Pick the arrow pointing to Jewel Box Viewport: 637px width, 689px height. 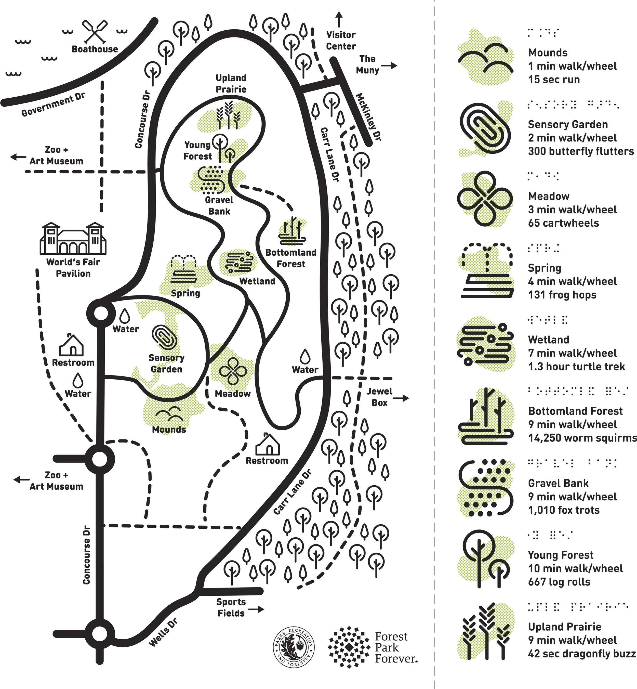(401, 398)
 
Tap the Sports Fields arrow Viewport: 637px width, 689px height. (256, 609)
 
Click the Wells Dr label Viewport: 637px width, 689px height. (163, 632)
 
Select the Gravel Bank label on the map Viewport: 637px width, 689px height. (219, 205)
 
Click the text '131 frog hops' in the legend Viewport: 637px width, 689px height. (562, 295)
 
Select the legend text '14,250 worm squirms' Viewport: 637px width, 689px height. (582, 438)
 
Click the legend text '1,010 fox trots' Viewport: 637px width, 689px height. (564, 510)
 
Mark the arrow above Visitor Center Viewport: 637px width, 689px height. (339, 19)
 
